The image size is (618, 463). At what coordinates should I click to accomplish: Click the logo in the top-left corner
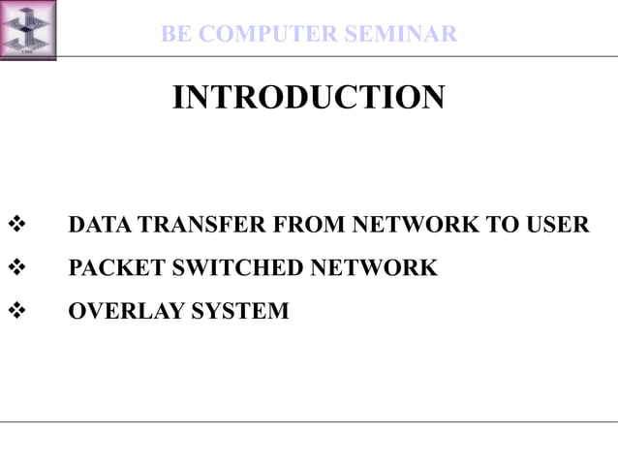click(x=28, y=29)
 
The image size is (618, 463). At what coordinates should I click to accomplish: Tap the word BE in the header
click(x=176, y=35)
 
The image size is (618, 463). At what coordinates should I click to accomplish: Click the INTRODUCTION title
click(x=308, y=97)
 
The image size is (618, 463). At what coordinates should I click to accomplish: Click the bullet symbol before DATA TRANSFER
click(x=16, y=226)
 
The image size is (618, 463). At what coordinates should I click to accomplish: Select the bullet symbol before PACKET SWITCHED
click(x=16, y=268)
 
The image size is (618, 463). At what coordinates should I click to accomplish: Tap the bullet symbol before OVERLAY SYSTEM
click(x=16, y=311)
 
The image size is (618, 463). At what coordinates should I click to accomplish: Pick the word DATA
click(x=100, y=226)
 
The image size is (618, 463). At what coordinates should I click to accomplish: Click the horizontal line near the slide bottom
click(x=308, y=421)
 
